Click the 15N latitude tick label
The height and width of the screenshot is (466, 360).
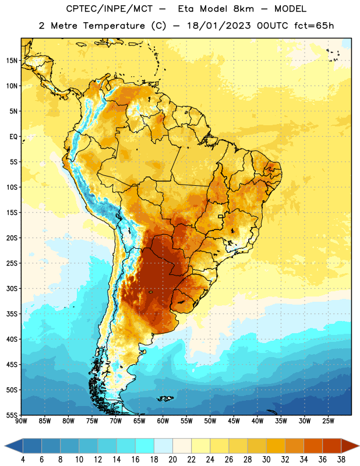12,61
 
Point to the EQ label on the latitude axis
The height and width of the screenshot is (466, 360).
13,137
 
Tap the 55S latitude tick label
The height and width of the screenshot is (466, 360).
12,415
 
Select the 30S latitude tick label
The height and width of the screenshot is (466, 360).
12,288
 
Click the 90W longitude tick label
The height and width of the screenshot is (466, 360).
21,421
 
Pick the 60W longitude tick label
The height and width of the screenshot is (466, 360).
163,421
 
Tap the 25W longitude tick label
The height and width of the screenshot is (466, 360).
328,421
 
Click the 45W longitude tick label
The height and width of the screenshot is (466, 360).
234,421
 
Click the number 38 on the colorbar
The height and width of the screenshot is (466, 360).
341,460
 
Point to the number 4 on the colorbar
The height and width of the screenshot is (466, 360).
23,460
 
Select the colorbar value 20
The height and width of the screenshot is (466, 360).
172,460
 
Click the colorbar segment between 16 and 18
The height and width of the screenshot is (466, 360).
145,446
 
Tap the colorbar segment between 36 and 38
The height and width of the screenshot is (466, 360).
332,446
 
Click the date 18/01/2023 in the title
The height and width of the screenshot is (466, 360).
219,26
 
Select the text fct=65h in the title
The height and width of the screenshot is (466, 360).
314,26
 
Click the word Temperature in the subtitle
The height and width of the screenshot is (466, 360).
114,26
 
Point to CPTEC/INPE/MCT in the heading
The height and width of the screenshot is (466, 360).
109,9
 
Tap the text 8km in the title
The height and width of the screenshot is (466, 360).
243,9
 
